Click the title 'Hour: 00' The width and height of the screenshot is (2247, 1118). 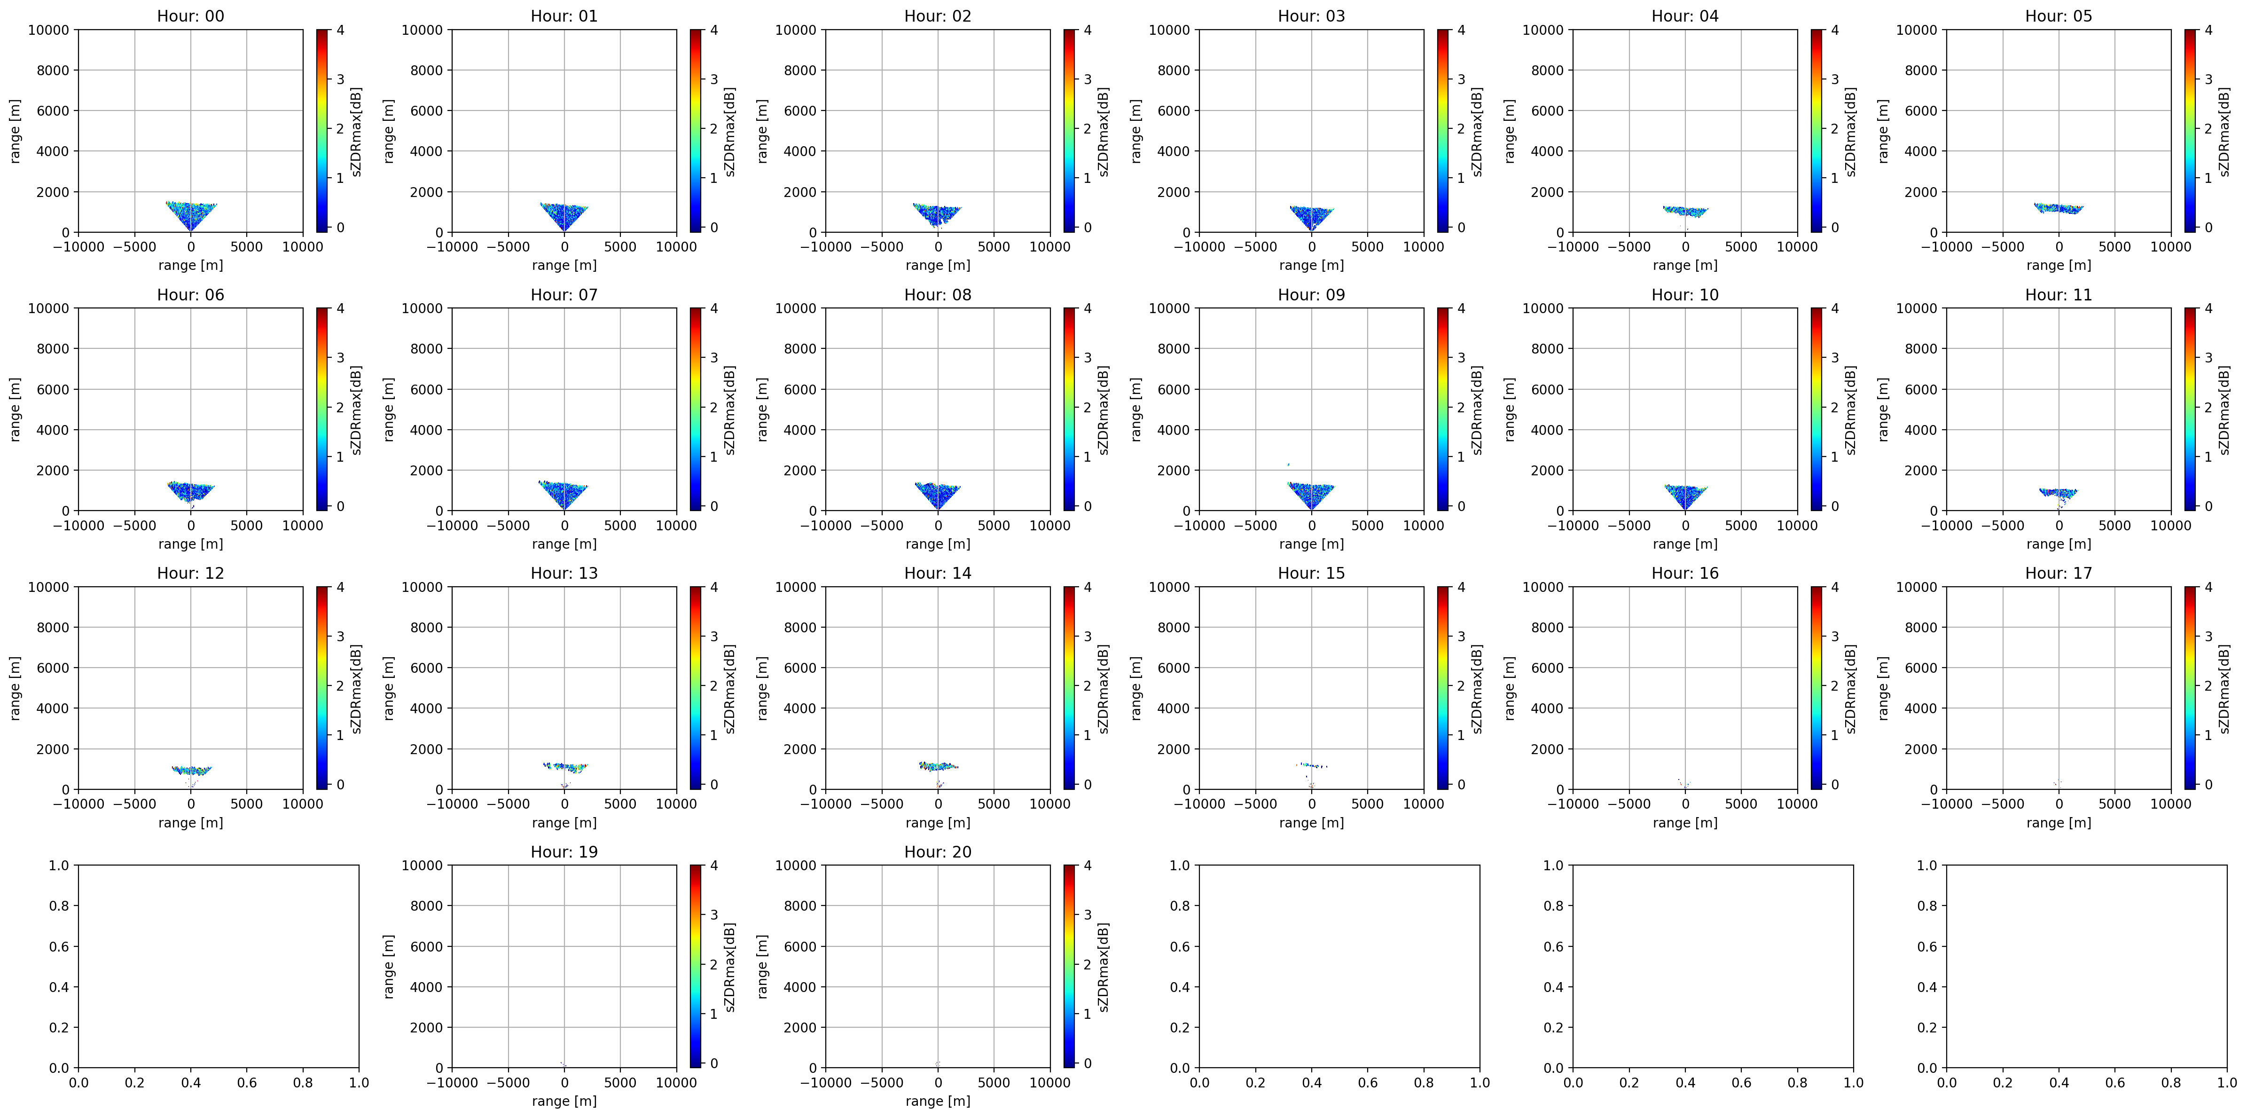[x=190, y=16]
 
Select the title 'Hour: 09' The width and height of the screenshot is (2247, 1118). [x=1311, y=295]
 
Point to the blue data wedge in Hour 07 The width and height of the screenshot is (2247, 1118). [x=564, y=492]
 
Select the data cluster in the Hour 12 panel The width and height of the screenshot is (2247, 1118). [x=191, y=770]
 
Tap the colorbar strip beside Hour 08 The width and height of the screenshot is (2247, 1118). [x=1069, y=409]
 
